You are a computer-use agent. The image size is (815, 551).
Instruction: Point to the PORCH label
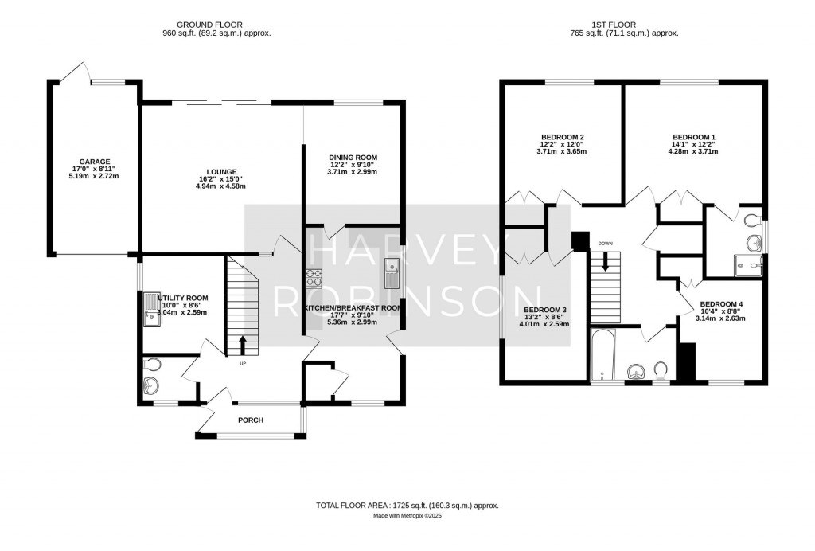(250, 420)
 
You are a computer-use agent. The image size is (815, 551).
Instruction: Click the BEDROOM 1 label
(694, 136)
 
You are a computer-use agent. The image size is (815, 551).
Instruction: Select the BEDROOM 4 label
(721, 304)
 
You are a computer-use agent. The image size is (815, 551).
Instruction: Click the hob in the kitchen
(314, 277)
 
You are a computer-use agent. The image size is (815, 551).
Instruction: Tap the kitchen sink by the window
(392, 274)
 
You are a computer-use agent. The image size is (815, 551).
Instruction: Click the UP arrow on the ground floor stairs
(243, 345)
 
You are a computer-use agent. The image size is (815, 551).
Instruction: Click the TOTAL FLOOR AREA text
(407, 506)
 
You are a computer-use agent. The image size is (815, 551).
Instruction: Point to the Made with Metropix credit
(407, 516)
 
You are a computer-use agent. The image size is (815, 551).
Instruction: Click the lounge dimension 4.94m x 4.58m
(220, 187)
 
